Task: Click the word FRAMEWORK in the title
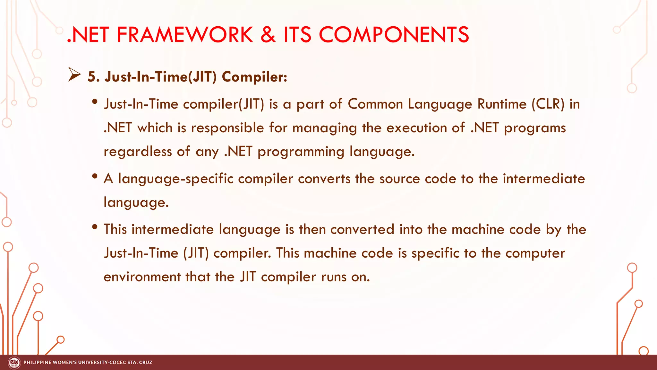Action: [x=185, y=35]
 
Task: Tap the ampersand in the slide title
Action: [x=268, y=35]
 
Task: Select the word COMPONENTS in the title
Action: [x=394, y=35]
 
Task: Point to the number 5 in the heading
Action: [x=92, y=77]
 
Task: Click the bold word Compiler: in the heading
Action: [x=254, y=77]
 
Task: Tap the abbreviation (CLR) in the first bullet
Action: [x=548, y=104]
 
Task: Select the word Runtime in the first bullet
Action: [x=502, y=104]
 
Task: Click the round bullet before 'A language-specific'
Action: [x=95, y=176]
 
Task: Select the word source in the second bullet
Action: [x=399, y=179]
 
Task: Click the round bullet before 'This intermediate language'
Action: [x=95, y=227]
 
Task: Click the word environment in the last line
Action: [x=142, y=277]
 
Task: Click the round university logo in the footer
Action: [x=14, y=363]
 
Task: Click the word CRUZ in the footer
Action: [x=146, y=363]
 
